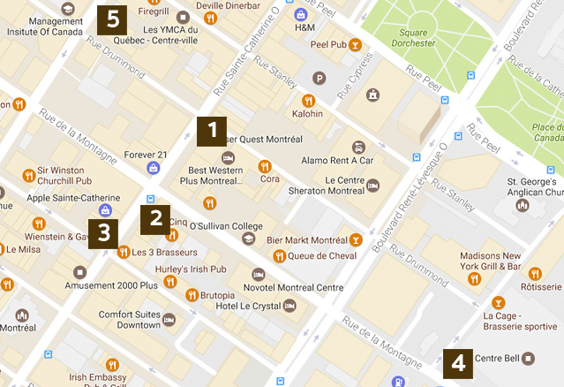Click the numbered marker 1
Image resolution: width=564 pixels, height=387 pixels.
point(212,130)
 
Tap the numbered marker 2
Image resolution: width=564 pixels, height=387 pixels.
point(155,217)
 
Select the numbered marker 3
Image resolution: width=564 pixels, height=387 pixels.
point(105,232)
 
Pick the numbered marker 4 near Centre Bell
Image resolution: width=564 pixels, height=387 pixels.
point(457,362)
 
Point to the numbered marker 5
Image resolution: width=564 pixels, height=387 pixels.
point(111,17)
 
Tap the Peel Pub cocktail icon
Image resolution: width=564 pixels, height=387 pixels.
point(354,44)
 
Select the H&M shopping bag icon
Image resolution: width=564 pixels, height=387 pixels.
point(300,14)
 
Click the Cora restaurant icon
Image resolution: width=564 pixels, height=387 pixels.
point(264,165)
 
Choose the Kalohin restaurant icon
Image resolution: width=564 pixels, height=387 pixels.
point(308,100)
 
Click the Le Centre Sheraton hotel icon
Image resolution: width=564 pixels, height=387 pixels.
point(373,185)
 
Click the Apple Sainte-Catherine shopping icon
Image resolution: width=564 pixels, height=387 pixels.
point(105,210)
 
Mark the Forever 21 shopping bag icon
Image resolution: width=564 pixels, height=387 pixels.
point(154,167)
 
